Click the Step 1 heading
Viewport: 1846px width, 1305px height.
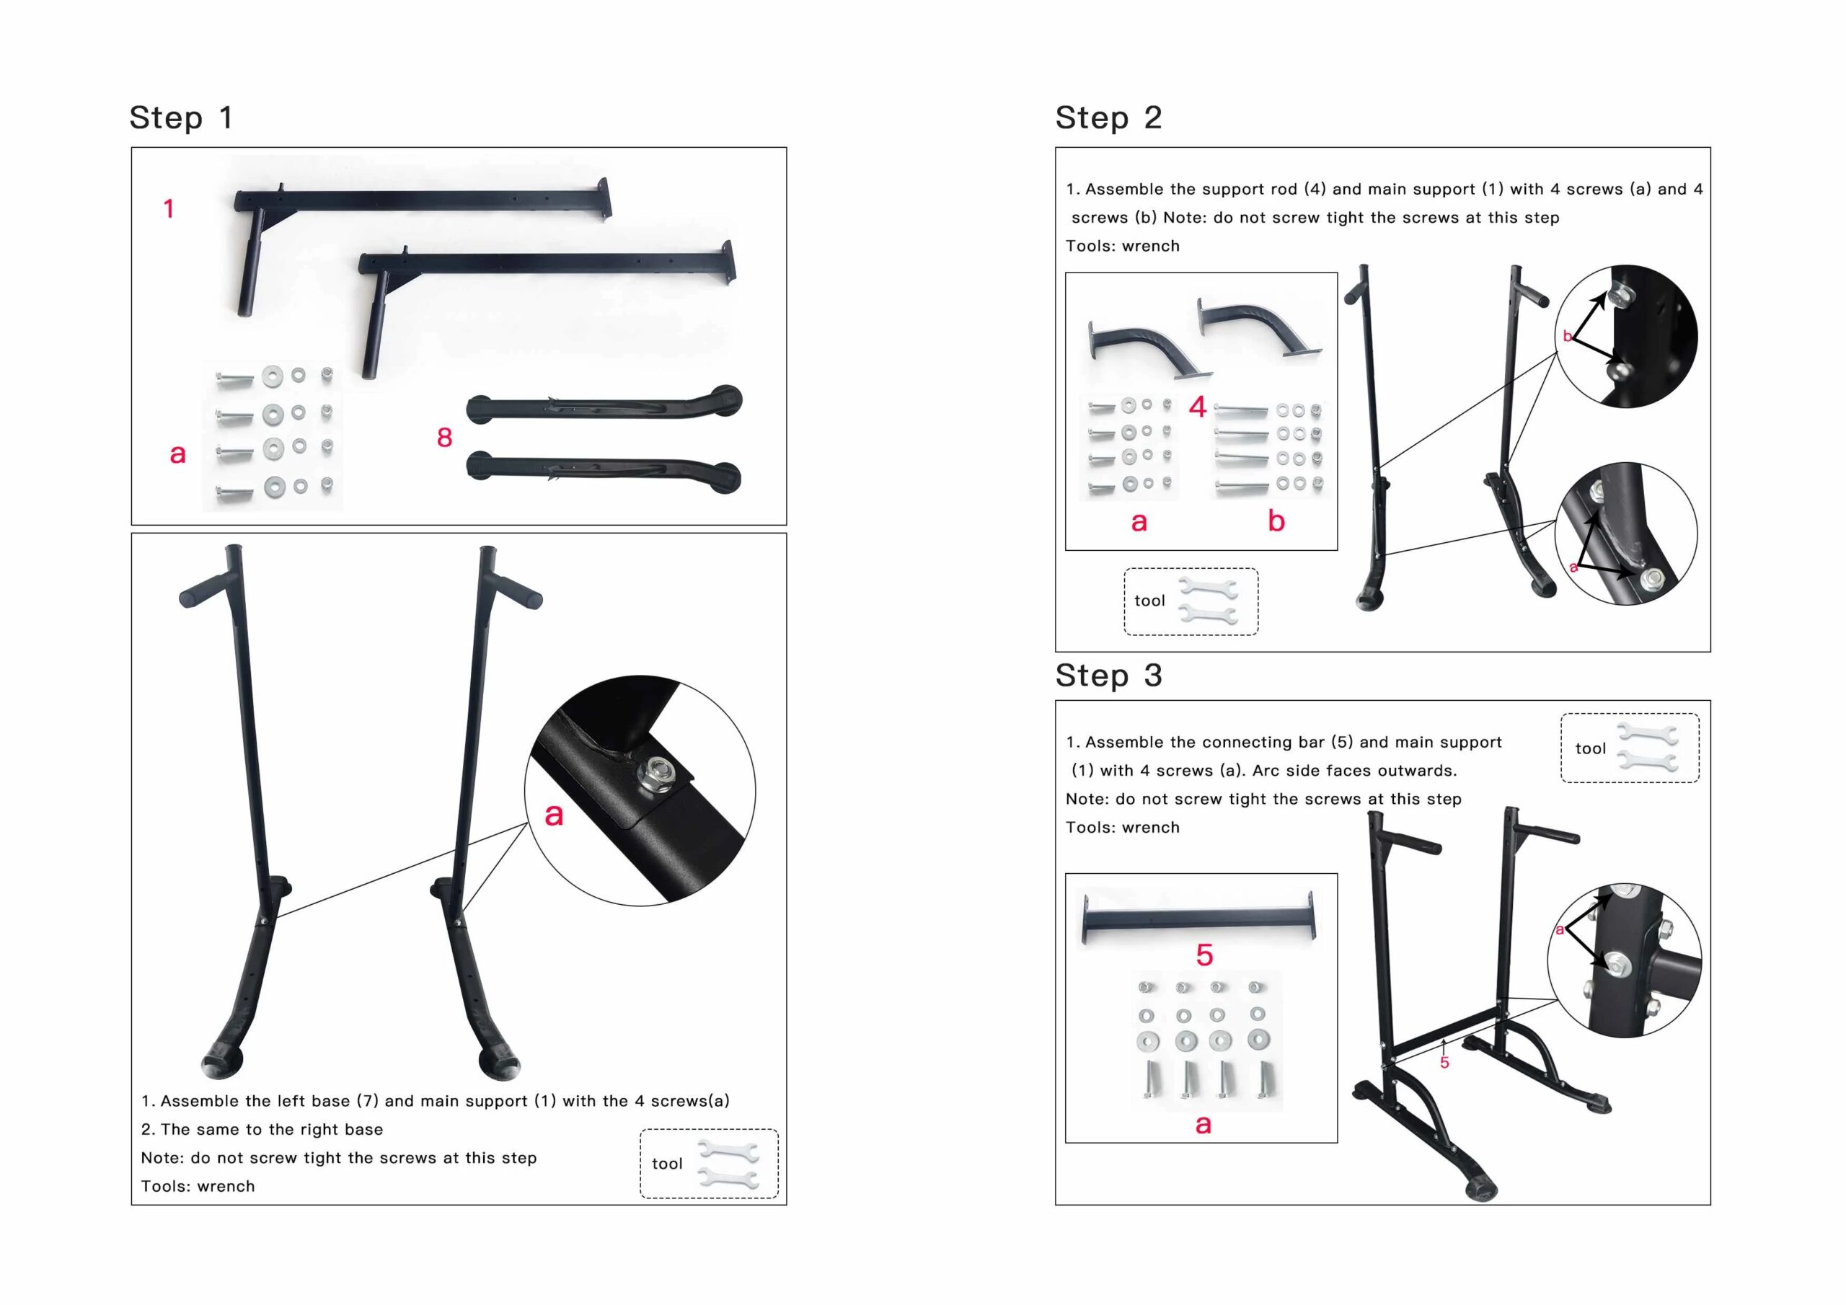pyautogui.click(x=181, y=118)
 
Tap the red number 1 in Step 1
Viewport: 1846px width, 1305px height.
pyautogui.click(x=169, y=209)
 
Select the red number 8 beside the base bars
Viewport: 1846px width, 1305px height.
pyautogui.click(x=445, y=438)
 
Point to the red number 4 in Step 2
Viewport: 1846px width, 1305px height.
pyautogui.click(x=1197, y=407)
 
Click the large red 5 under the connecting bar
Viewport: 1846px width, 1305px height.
pyautogui.click(x=1204, y=955)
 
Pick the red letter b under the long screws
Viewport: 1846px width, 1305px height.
pyautogui.click(x=1276, y=521)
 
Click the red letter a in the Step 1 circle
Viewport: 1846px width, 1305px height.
pyautogui.click(x=554, y=815)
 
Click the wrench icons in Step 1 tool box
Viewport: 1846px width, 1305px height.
pyautogui.click(x=728, y=1164)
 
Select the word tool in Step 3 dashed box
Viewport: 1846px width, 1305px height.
pyautogui.click(x=1589, y=748)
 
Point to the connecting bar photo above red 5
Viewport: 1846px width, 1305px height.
pyautogui.click(x=1198, y=916)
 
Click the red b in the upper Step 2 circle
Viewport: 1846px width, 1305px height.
pyautogui.click(x=1567, y=336)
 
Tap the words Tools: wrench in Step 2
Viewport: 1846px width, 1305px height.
pyautogui.click(x=1123, y=246)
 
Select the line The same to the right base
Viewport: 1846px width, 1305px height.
pyautogui.click(x=262, y=1129)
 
